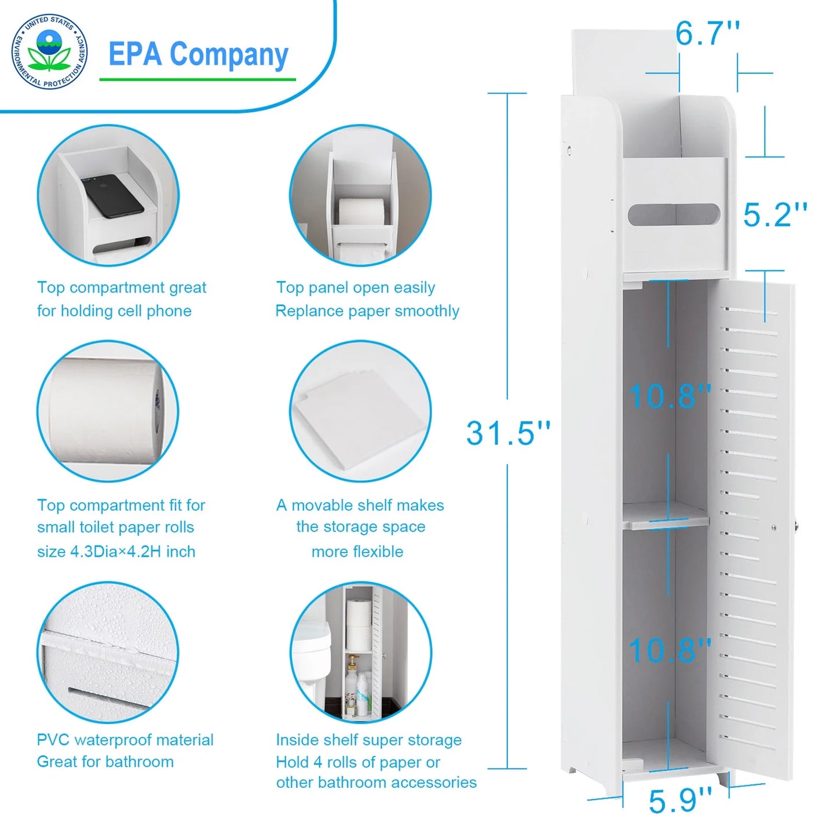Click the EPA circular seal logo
pos(50,52)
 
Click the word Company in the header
pos(229,55)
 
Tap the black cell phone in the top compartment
pos(113,196)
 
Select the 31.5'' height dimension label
pos(508,433)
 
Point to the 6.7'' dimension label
pos(707,34)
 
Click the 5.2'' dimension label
pos(775,215)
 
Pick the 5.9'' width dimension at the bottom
pos(680,801)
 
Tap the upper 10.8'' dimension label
pos(670,397)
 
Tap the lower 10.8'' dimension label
pos(670,650)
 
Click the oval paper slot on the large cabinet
pos(674,214)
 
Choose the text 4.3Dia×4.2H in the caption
pos(116,551)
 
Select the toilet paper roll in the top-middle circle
pos(361,213)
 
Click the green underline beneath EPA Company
pos(198,79)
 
